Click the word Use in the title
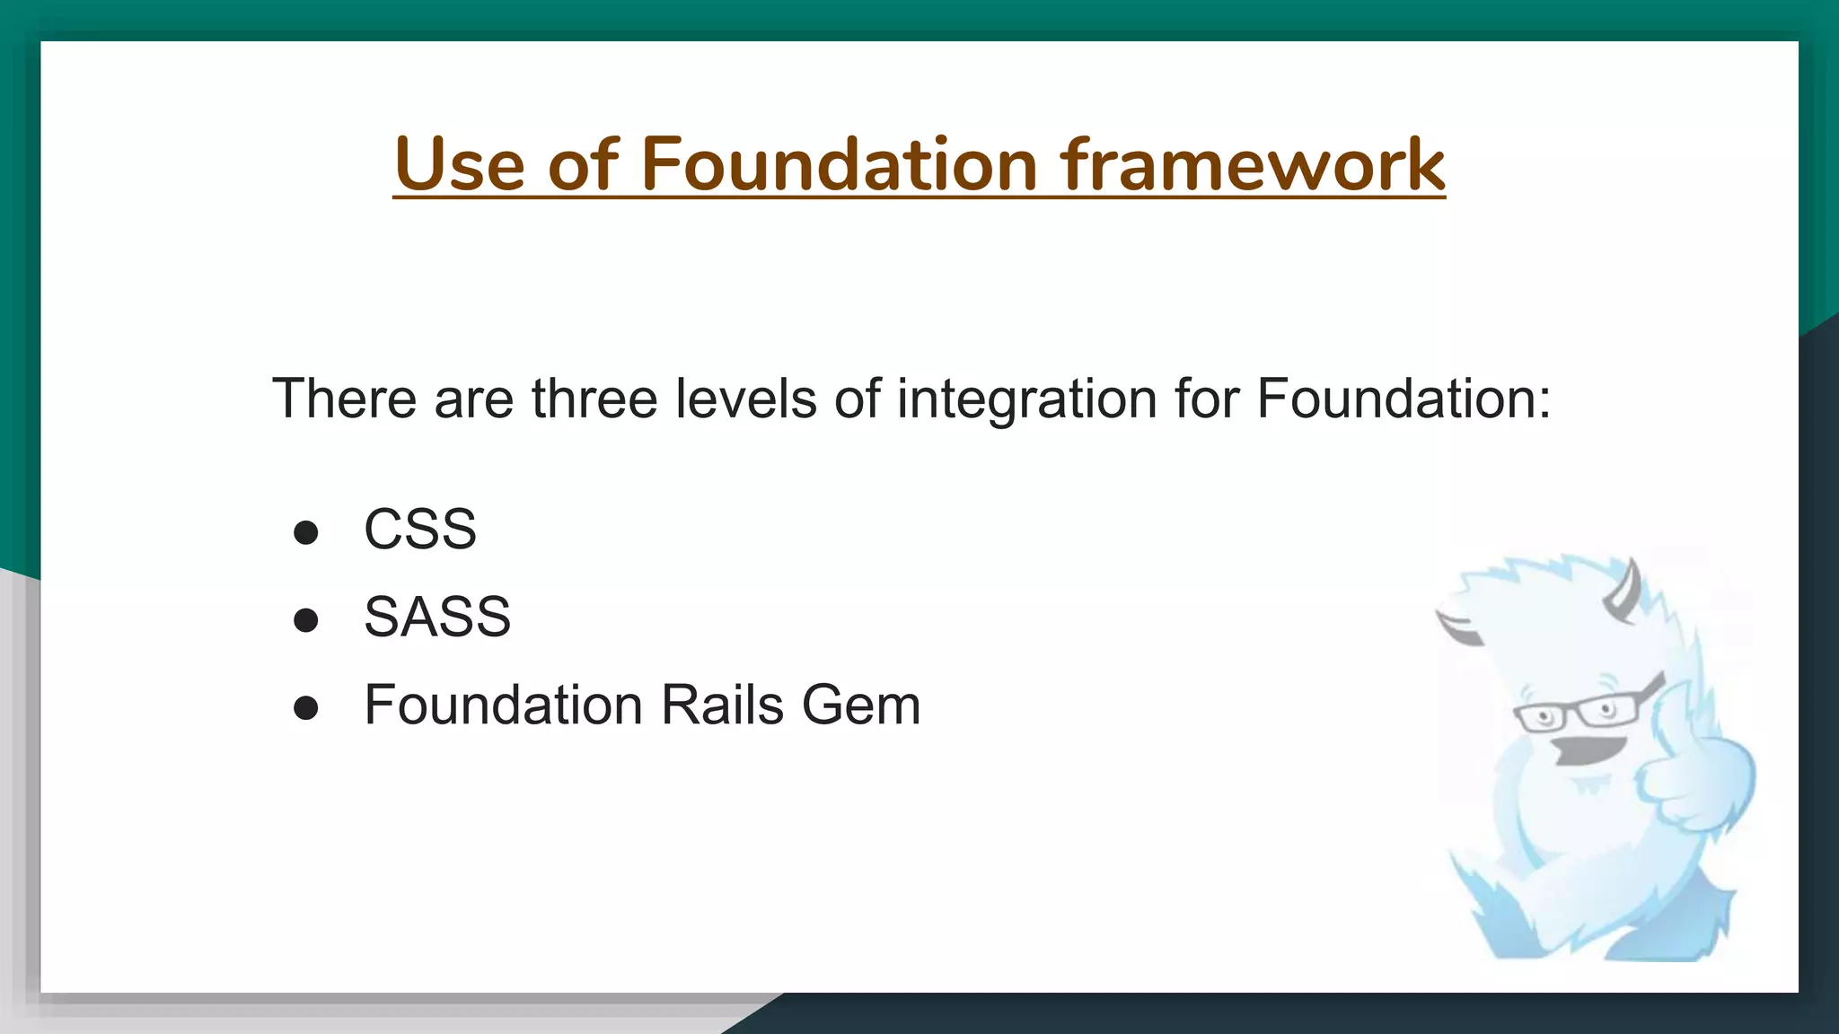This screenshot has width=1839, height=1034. pos(459,164)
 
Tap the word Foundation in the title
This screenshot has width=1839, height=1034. pos(840,164)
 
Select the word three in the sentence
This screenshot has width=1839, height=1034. pos(594,399)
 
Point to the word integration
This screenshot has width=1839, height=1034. pos(1026,399)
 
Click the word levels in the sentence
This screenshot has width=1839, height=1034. pos(745,399)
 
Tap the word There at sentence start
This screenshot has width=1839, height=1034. pos(345,399)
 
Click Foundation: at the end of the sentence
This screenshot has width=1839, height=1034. pos(1403,399)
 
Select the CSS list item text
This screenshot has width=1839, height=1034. pos(419,529)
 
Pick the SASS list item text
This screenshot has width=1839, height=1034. pos(436,617)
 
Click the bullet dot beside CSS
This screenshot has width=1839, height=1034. pos(306,532)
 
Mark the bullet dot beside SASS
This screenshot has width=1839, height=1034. pos(306,620)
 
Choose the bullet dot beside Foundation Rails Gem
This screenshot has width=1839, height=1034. pos(306,708)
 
